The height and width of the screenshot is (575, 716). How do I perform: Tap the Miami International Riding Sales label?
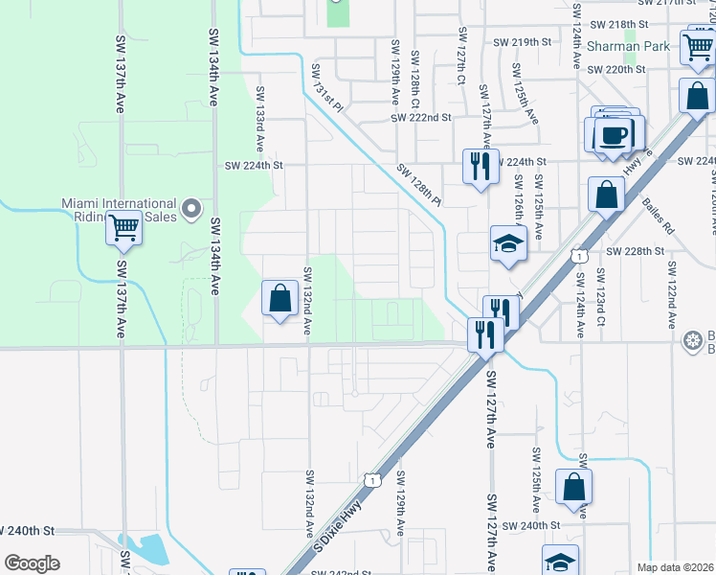pos(119,210)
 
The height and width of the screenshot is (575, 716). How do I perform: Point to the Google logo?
pos(32,563)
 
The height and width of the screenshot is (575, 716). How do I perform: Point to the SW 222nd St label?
pos(420,117)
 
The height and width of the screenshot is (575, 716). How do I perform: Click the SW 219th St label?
pos(523,42)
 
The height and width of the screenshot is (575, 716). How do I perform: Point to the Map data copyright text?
pos(675,567)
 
